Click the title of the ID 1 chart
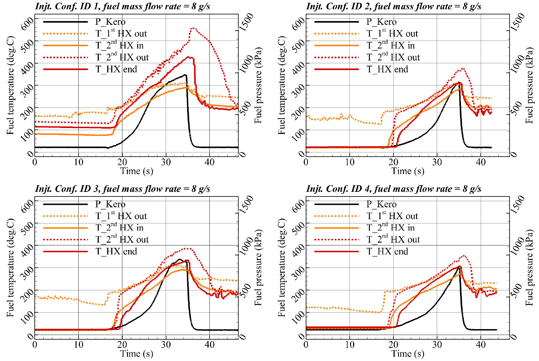click(x=122, y=6)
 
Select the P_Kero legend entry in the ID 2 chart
click(x=381, y=22)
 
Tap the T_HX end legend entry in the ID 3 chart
click(x=116, y=251)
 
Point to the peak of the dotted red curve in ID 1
click(x=194, y=28)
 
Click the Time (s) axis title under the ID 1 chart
click(x=137, y=171)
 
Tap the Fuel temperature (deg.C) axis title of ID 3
click(x=10, y=268)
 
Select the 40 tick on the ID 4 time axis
click(x=481, y=344)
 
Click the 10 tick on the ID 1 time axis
click(x=78, y=162)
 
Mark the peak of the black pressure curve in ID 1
click(x=185, y=75)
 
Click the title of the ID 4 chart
click(x=393, y=189)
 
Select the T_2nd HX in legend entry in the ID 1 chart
click(x=119, y=46)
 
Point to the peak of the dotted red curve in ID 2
click(x=463, y=68)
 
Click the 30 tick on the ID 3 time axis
click(x=166, y=344)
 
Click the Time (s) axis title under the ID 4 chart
click(x=408, y=354)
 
